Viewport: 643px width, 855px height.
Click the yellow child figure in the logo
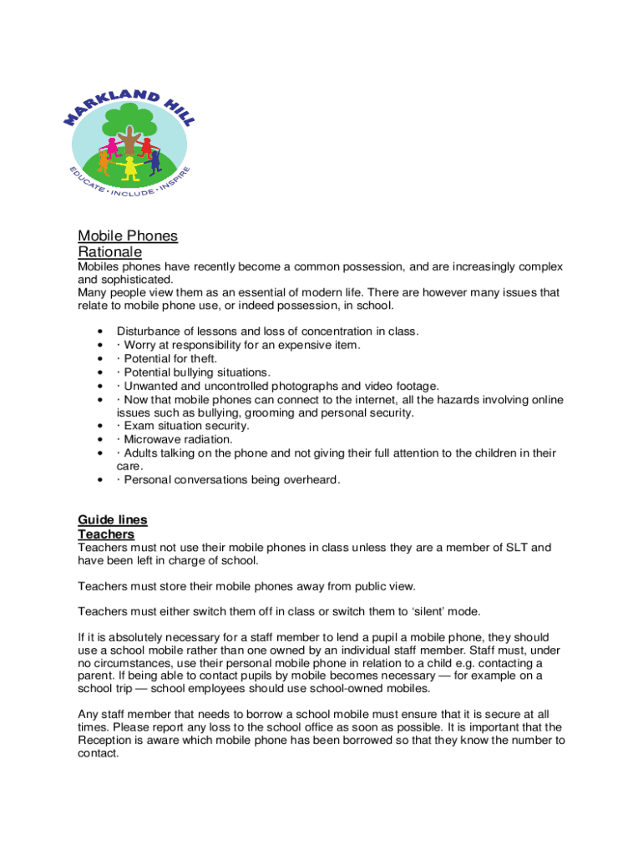tap(129, 167)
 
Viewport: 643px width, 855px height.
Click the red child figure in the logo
tap(146, 147)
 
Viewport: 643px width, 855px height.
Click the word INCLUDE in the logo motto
tap(132, 195)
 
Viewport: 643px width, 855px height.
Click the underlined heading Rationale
tap(109, 251)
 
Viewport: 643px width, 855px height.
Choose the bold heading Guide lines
tap(112, 519)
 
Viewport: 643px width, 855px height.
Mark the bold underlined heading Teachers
tap(106, 534)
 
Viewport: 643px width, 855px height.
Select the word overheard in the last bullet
tap(311, 479)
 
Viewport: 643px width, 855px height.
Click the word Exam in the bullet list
tap(138, 426)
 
